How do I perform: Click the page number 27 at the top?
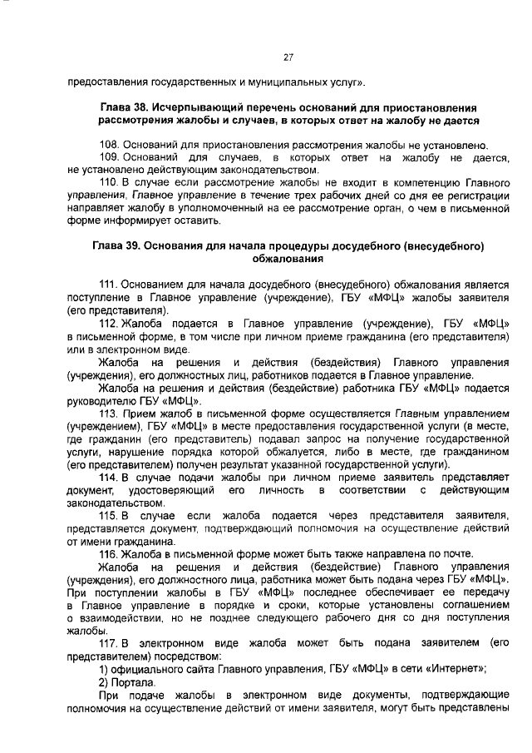coord(288,57)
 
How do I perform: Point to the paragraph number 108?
coord(109,145)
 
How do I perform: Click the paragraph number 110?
coord(109,181)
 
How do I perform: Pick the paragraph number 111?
coord(109,285)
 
